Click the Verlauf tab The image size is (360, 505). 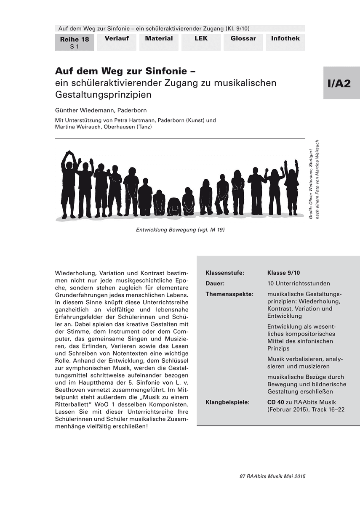click(x=117, y=39)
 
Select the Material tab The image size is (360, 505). click(x=159, y=39)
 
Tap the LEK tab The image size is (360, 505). click(x=201, y=39)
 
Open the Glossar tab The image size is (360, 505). click(x=243, y=39)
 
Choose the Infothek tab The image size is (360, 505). click(x=285, y=39)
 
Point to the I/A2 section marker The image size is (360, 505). click(x=339, y=83)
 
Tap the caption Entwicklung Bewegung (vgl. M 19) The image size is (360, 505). click(x=177, y=230)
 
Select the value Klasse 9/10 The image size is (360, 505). click(x=283, y=273)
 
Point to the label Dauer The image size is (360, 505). click(x=215, y=283)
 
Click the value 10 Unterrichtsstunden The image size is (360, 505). click(x=299, y=283)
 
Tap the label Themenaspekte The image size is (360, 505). click(x=229, y=294)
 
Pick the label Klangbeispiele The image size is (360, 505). click(x=228, y=402)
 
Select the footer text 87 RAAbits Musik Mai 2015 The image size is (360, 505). click(x=272, y=476)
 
